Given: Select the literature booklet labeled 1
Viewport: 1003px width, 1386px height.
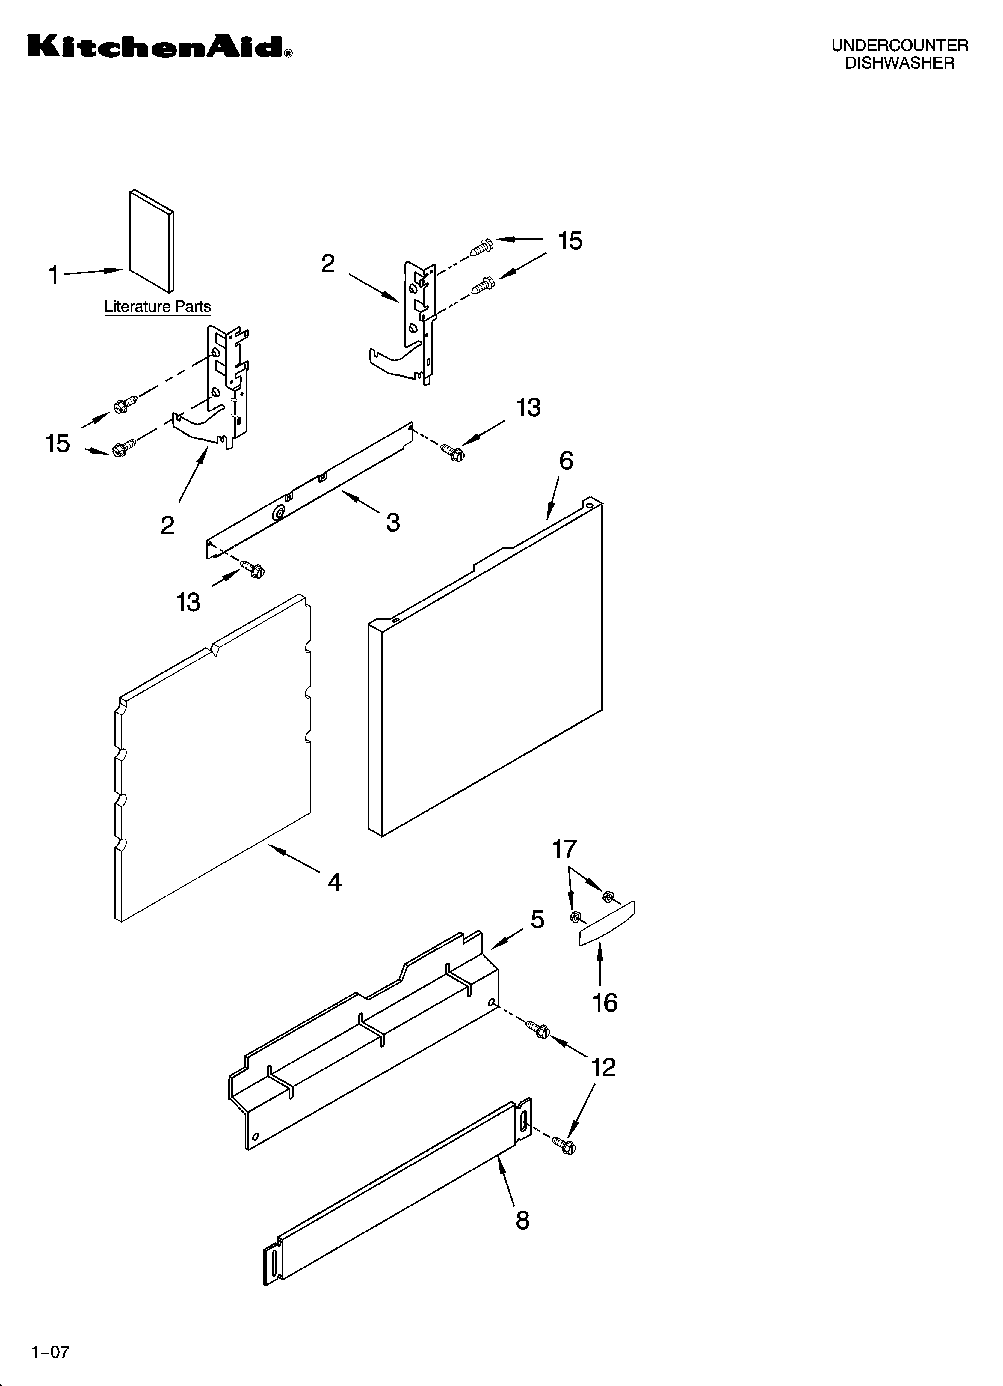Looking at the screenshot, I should [x=152, y=241].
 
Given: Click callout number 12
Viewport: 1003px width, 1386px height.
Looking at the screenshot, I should [x=603, y=1067].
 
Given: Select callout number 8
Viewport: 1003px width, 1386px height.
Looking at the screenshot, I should [x=522, y=1220].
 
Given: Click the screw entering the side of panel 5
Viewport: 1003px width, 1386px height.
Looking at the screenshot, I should [x=537, y=1029].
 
